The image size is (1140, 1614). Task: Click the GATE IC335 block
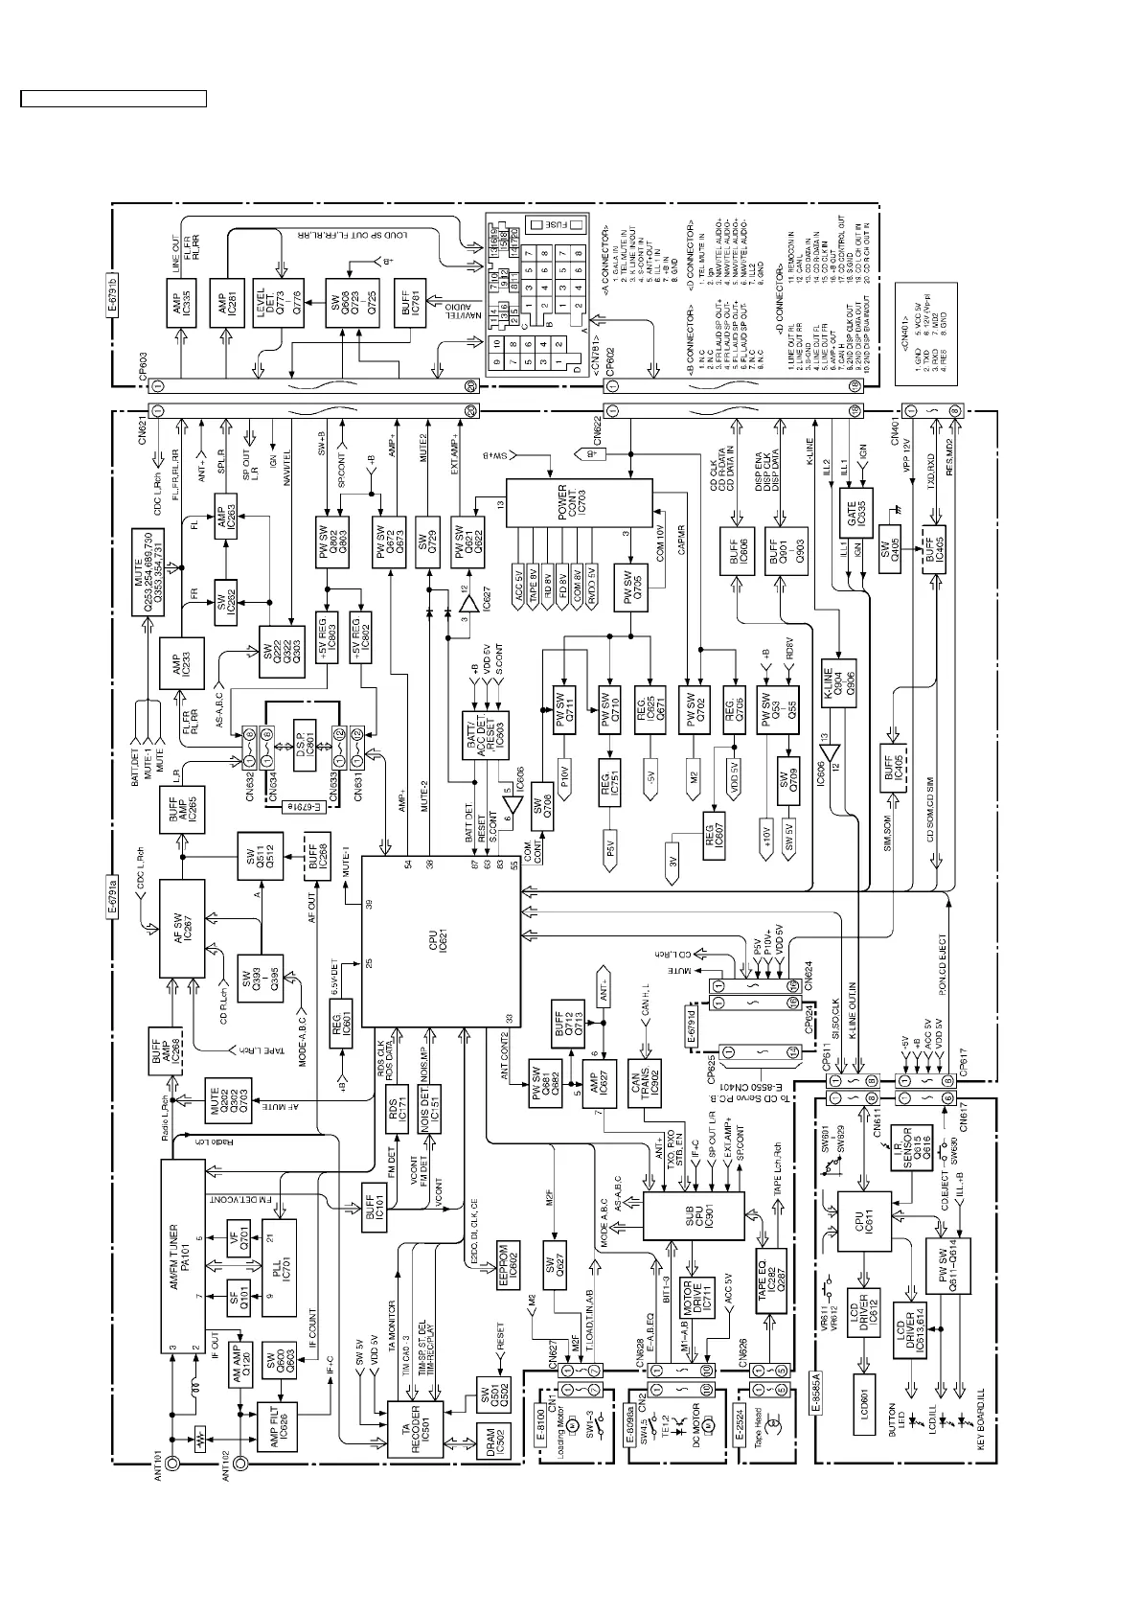tap(857, 515)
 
